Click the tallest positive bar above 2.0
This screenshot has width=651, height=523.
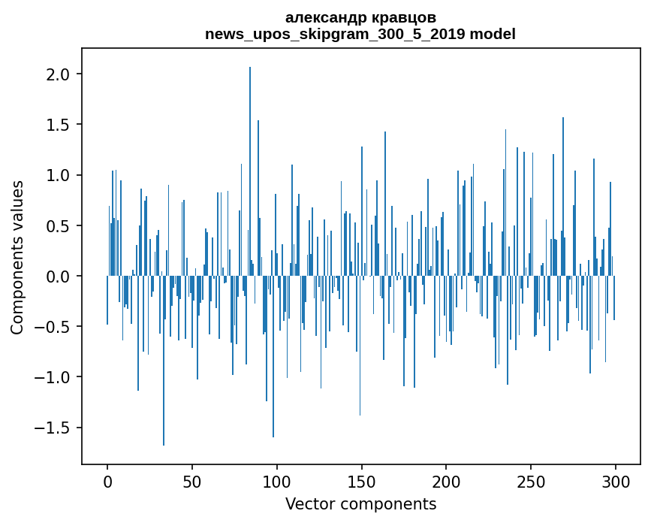tap(249, 171)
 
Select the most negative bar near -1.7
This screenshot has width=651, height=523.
tap(164, 361)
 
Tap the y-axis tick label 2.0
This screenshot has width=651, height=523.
tap(58, 74)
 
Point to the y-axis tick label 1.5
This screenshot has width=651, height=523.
tap(58, 125)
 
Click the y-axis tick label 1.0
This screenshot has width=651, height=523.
tap(58, 175)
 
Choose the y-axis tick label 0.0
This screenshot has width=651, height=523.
tap(58, 277)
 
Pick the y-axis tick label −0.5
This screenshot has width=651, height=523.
tap(53, 327)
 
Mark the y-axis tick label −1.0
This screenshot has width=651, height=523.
tap(53, 377)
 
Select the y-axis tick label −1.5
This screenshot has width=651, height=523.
tap(53, 428)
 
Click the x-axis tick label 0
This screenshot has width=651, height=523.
tap(107, 482)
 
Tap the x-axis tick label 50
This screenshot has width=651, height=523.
tap(191, 482)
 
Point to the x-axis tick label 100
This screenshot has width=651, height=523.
tap(276, 482)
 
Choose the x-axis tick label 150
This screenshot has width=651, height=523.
tap(361, 482)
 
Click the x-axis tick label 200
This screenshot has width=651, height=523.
tap(446, 482)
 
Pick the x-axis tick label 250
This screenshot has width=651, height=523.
tap(531, 482)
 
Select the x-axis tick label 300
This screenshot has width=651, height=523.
tap(615, 482)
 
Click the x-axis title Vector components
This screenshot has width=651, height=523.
tap(360, 504)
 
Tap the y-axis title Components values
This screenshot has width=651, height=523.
tap(17, 258)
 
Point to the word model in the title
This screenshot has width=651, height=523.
tap(493, 34)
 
